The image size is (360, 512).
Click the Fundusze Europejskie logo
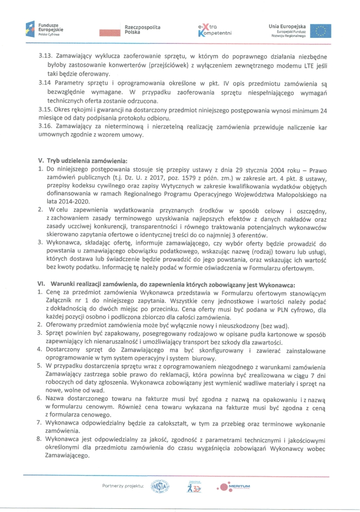point(45,29)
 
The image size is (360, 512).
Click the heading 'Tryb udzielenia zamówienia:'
point(87,160)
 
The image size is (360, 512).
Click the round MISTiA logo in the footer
point(161,487)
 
